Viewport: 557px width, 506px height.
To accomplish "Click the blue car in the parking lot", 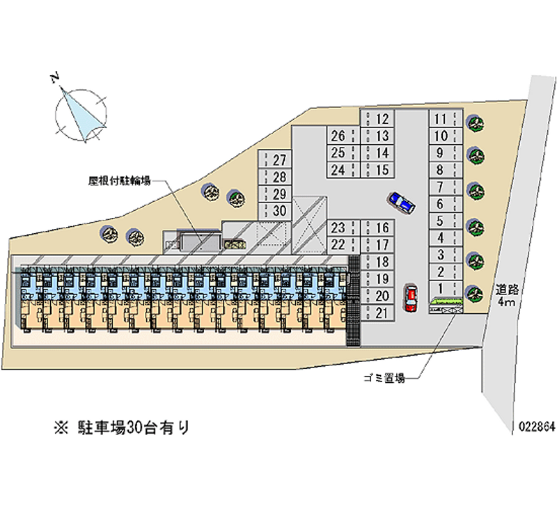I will [402, 203].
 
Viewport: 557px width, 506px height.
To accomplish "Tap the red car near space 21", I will [411, 297].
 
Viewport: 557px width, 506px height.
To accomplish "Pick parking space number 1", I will [440, 288].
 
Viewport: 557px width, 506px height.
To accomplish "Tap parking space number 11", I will [440, 119].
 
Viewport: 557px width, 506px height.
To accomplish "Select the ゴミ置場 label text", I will [384, 378].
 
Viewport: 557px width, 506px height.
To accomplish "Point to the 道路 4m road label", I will [505, 295].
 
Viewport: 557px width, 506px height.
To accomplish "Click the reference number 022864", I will [535, 427].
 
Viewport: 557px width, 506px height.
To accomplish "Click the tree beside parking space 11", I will [475, 122].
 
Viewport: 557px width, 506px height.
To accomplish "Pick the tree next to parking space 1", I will [474, 292].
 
